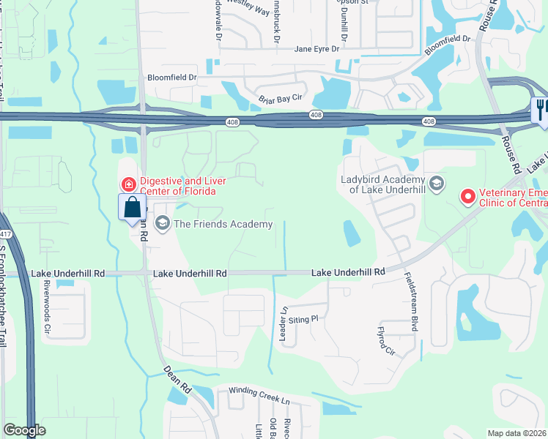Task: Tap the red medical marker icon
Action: coord(129,183)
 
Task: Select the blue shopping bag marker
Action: coord(132,207)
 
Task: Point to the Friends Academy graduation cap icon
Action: coord(162,223)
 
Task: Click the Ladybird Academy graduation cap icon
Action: coord(437,182)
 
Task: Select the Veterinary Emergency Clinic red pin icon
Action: coord(467,196)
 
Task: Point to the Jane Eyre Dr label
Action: coord(317,49)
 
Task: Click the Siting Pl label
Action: coord(303,319)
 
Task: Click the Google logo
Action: coord(24,430)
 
